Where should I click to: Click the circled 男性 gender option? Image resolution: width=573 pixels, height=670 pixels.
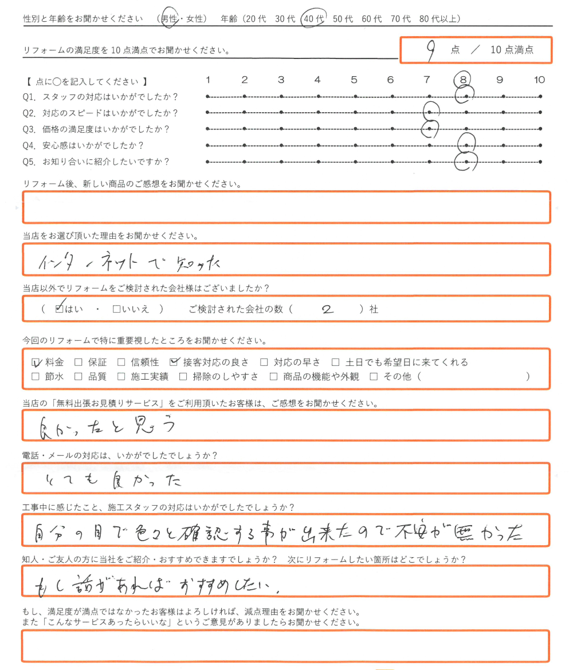(169, 19)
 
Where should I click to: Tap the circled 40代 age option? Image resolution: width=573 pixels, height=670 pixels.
(313, 19)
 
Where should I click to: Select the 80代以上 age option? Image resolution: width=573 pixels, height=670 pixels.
(439, 19)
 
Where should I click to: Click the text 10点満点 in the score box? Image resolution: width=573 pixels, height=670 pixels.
(512, 50)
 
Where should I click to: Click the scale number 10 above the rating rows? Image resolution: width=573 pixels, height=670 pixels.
(539, 80)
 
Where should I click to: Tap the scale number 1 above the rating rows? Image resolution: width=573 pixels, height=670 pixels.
(209, 80)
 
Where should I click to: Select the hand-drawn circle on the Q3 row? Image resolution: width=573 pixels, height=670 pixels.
(430, 129)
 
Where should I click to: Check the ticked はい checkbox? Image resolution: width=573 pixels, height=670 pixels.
(59, 309)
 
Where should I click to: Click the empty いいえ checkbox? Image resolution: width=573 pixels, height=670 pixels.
(116, 309)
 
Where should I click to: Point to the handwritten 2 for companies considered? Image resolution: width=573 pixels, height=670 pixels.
(328, 310)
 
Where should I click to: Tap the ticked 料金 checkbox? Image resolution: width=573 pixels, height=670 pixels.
(36, 362)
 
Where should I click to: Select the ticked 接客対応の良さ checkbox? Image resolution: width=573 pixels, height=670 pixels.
(174, 362)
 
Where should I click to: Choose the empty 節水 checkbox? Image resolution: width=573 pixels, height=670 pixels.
(36, 377)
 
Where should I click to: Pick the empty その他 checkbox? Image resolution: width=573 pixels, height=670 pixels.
(374, 377)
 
